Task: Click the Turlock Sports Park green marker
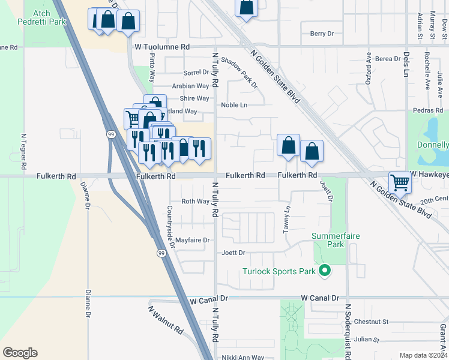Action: point(325,271)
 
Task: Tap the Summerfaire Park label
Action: point(336,240)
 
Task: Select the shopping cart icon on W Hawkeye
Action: point(399,182)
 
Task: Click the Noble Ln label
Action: point(234,105)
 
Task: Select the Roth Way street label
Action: point(195,202)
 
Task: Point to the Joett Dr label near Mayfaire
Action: point(234,253)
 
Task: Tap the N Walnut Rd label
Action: point(166,320)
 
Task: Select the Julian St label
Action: point(366,340)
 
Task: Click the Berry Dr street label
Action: point(318,34)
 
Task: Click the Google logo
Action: point(20,353)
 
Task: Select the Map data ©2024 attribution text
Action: point(423,355)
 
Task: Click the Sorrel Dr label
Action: point(196,73)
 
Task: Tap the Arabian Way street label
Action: point(190,86)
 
